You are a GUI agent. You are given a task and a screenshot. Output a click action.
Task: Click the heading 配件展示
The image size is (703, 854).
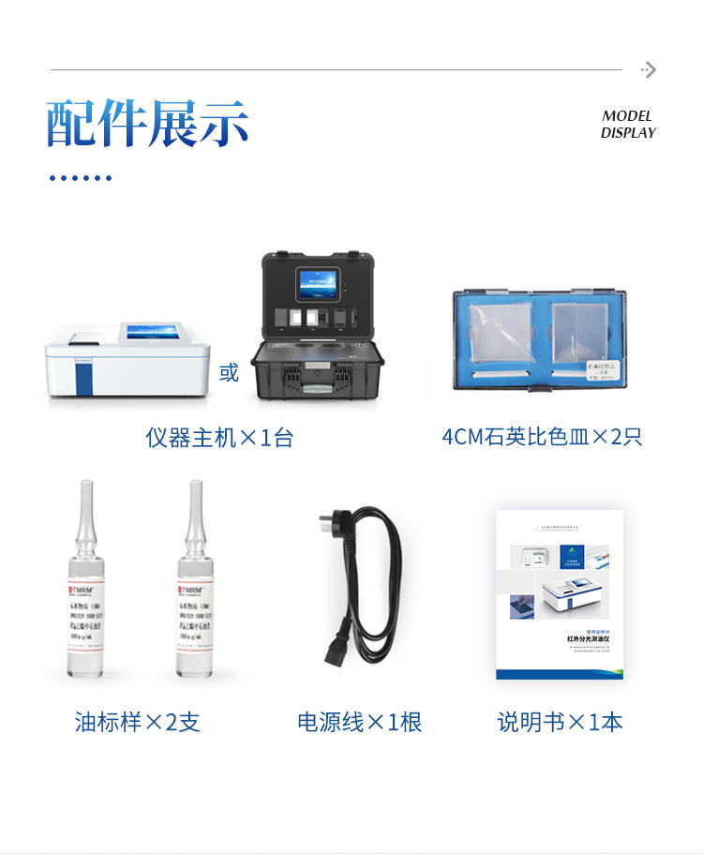click(x=148, y=123)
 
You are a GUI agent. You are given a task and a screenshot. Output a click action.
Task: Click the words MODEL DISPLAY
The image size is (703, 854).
click(x=627, y=124)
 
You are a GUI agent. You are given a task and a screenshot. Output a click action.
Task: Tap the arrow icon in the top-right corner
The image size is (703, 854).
click(x=649, y=69)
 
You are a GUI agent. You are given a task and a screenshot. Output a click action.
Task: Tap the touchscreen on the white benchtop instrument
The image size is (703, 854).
click(x=157, y=332)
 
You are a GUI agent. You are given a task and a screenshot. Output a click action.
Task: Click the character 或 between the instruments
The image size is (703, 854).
click(x=229, y=373)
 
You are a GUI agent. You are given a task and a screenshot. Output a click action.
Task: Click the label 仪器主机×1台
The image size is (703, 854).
click(x=219, y=438)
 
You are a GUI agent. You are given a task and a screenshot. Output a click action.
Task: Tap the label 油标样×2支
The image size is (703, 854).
click(x=138, y=722)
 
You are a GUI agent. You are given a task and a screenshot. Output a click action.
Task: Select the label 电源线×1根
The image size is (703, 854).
click(x=360, y=722)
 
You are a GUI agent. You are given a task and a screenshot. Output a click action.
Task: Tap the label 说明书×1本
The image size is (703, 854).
click(x=561, y=722)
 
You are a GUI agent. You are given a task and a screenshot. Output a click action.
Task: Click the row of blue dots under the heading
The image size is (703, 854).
click(x=81, y=177)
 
